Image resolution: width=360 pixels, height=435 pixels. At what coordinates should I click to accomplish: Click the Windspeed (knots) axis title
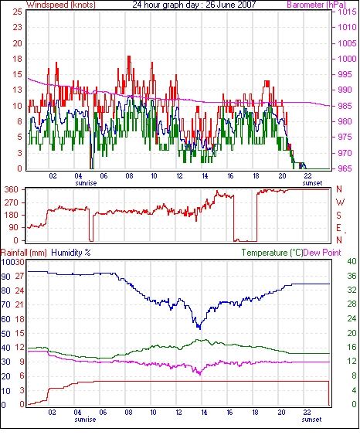(61, 5)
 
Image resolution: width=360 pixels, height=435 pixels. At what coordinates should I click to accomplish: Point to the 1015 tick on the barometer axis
(348, 12)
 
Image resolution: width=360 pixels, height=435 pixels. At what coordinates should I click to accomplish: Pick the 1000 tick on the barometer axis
(348, 59)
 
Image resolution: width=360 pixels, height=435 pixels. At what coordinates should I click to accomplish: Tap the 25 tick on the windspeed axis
(17, 12)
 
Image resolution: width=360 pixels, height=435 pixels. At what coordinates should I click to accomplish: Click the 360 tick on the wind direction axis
(12, 190)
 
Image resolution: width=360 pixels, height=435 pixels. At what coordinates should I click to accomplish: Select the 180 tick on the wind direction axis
(12, 215)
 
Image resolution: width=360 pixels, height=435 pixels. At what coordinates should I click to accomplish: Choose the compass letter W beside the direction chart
(340, 202)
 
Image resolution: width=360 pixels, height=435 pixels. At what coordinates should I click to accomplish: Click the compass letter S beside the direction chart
(339, 216)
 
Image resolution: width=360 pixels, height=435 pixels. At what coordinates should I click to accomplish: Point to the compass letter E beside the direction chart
(339, 228)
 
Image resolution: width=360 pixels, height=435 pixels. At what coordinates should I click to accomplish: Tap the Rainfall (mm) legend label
(24, 253)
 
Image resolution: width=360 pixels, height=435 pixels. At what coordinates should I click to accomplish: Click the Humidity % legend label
(71, 253)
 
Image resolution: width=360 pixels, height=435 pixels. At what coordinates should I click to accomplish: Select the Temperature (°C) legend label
(272, 253)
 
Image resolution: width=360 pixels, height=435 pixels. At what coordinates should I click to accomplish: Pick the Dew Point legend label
(322, 253)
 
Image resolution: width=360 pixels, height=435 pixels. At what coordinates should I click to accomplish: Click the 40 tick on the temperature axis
(352, 261)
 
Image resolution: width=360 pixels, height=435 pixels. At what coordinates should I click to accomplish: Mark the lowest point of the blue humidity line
(200, 329)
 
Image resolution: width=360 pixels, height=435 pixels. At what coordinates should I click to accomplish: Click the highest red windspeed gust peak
(129, 56)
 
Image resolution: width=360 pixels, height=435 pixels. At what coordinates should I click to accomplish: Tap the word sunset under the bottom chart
(312, 420)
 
